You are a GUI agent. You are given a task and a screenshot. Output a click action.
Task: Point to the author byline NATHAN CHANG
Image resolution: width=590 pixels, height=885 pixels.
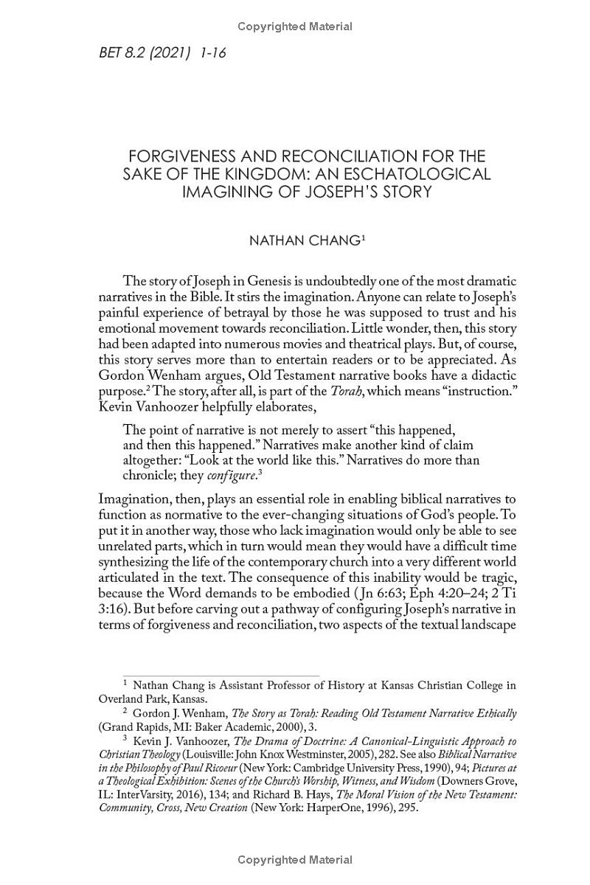pyautogui.click(x=304, y=241)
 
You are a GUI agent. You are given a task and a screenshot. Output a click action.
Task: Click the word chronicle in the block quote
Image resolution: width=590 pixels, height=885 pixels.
pyautogui.click(x=151, y=475)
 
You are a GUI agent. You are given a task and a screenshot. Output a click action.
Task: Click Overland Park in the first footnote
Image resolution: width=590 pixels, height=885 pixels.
pyautogui.click(x=131, y=698)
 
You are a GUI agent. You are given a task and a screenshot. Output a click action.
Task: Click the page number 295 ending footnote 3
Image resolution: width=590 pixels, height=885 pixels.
pyautogui.click(x=407, y=808)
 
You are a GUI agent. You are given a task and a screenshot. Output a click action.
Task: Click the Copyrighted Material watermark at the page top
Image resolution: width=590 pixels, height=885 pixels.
pyautogui.click(x=295, y=27)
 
